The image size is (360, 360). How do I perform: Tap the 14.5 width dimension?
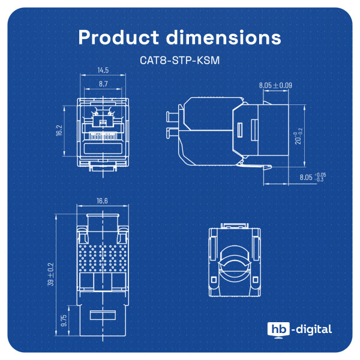click(103, 71)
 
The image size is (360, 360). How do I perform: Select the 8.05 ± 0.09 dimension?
click(275, 86)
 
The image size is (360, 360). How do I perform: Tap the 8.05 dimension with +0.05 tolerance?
click(312, 178)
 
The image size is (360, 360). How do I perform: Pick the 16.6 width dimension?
click(102, 201)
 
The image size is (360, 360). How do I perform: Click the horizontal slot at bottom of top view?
click(102, 316)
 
